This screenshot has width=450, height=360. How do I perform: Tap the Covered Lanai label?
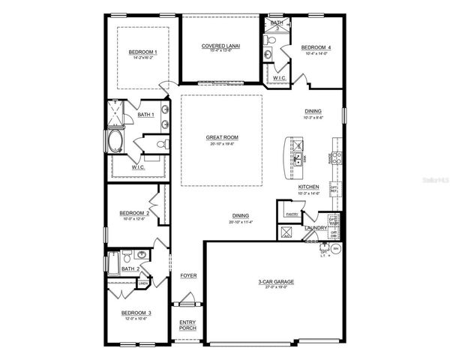[x=220, y=46]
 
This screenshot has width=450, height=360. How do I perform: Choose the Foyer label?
[x=188, y=275]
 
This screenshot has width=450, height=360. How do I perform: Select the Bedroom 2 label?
[x=138, y=213]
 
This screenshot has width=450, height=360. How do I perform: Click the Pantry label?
[x=292, y=214]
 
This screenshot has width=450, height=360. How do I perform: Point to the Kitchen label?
[x=309, y=187]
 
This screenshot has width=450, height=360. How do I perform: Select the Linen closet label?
[x=142, y=283]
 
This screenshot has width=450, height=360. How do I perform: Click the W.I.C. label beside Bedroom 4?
[x=278, y=77]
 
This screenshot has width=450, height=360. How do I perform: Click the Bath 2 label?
[x=130, y=268]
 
